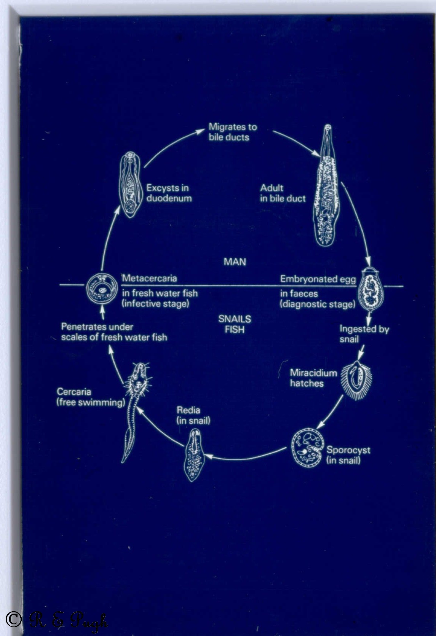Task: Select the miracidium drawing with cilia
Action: (x=356, y=380)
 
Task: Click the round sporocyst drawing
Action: (x=307, y=448)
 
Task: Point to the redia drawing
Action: (x=194, y=455)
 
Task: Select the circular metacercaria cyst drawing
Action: (x=102, y=289)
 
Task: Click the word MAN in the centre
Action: (x=235, y=262)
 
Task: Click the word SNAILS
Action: (x=235, y=319)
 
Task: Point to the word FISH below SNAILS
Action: (x=235, y=330)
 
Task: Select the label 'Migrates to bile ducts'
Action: (x=233, y=132)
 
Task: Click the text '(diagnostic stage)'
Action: (x=318, y=304)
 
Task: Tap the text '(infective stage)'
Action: (x=155, y=303)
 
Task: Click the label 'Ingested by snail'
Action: (x=364, y=334)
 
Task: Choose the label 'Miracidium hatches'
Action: (x=313, y=378)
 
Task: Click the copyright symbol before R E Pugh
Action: (x=13, y=619)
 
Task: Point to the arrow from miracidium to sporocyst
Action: (x=331, y=412)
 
